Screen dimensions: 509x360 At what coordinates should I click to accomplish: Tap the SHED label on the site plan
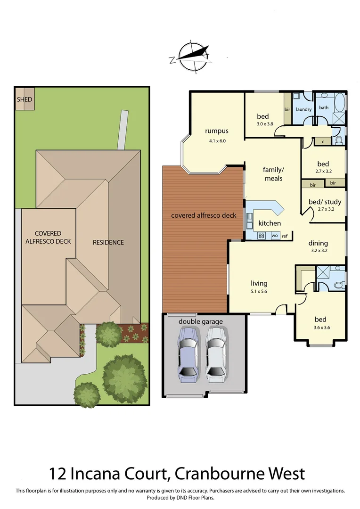click(x=25, y=99)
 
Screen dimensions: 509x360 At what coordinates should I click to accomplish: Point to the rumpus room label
click(x=217, y=131)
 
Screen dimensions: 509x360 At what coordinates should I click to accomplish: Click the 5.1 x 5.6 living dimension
click(x=259, y=292)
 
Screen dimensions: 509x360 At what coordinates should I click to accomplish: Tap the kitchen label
click(x=270, y=223)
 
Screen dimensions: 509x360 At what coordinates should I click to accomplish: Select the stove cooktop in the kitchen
click(x=262, y=235)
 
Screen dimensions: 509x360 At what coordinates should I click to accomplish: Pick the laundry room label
click(x=304, y=109)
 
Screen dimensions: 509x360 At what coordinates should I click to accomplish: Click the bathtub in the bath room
click(x=339, y=102)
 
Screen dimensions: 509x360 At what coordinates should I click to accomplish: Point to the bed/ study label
click(x=325, y=202)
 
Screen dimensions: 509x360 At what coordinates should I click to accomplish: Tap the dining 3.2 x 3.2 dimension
click(x=318, y=251)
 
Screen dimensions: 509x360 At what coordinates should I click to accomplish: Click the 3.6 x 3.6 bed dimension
click(x=323, y=328)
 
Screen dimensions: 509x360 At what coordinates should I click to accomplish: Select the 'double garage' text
click(x=200, y=321)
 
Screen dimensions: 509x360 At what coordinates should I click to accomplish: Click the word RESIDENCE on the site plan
click(x=108, y=242)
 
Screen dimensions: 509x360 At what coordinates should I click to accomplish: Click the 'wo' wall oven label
click(x=274, y=235)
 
